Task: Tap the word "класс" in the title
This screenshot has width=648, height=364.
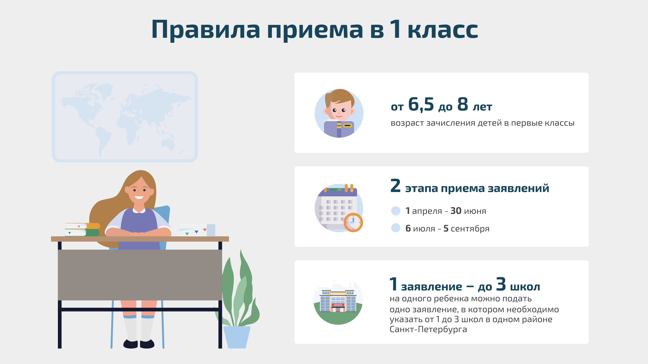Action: pos(443,30)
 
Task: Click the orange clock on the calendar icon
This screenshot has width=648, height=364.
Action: pos(353,222)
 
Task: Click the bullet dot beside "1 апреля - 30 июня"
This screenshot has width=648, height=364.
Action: pos(396,211)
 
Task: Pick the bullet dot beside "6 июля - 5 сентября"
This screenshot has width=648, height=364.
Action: pos(396,228)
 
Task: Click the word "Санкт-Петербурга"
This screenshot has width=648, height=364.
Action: pos(428,329)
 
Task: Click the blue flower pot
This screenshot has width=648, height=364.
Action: pos(236,337)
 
